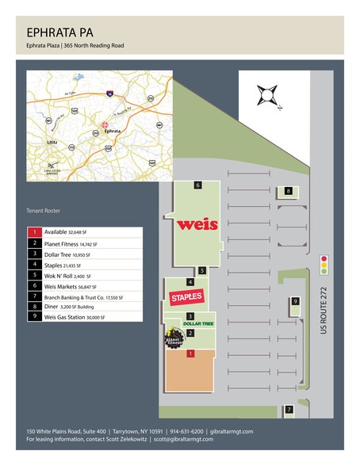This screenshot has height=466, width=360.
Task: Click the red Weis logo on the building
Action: click(x=197, y=224)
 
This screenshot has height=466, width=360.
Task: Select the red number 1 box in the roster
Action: click(x=34, y=231)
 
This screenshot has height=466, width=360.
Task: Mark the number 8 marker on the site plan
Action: click(x=289, y=191)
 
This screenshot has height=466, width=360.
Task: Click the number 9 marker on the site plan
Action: click(x=295, y=301)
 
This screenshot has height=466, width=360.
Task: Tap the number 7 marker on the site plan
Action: click(x=289, y=410)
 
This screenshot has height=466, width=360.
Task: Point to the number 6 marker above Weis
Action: click(x=197, y=185)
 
